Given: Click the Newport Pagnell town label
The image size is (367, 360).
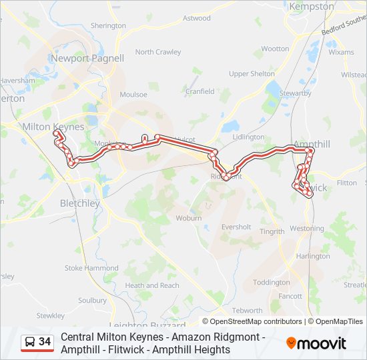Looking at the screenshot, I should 87,58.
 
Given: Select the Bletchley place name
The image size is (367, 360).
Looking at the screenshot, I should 79,203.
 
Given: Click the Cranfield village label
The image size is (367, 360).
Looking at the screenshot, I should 200,91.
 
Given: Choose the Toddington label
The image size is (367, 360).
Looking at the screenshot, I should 271,282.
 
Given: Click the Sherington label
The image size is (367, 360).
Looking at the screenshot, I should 108,25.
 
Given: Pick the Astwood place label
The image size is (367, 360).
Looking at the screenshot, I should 196,18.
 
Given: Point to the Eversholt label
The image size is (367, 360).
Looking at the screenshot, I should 236,227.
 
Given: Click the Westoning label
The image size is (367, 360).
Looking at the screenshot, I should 306,228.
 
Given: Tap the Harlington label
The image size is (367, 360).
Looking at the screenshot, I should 313,256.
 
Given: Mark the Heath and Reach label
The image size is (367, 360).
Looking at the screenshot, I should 152,285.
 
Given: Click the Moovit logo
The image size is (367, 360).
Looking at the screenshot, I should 316,343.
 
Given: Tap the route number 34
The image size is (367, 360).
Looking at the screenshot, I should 45,342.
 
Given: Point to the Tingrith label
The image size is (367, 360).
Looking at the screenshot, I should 272,232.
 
